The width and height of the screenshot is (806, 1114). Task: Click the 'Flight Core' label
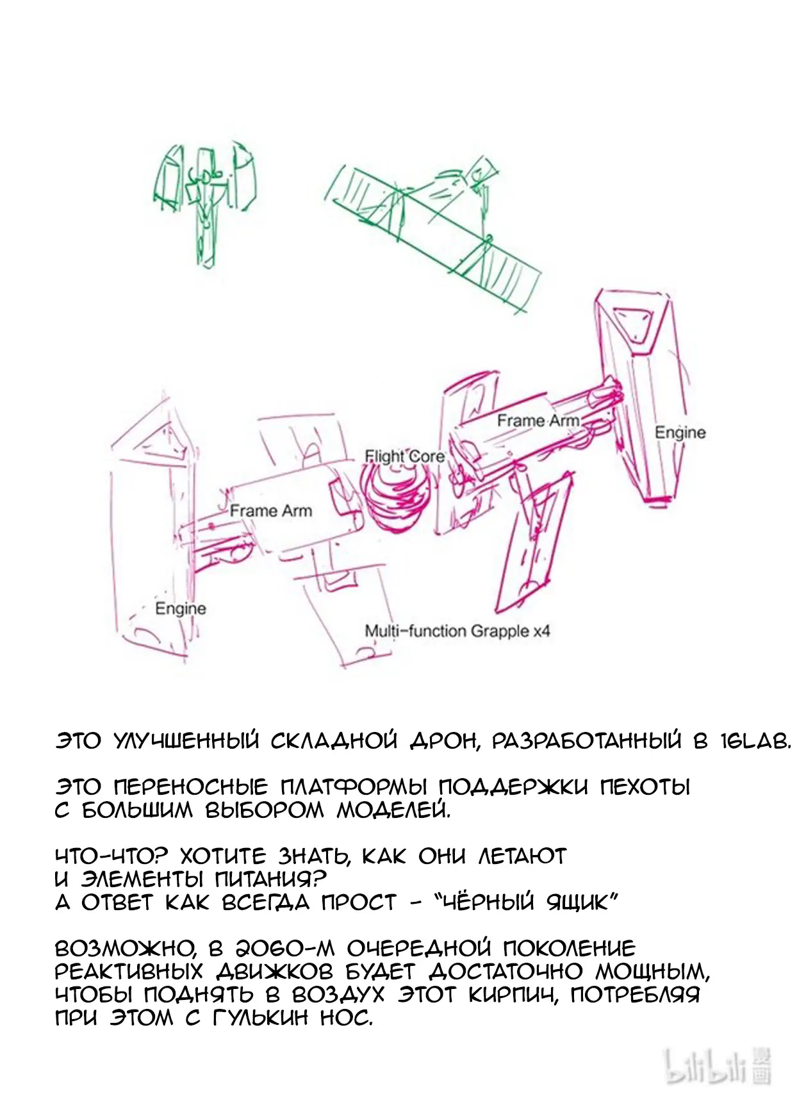tap(405, 456)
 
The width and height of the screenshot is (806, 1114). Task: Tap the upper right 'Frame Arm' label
tap(538, 420)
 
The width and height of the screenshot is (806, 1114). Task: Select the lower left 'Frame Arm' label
tap(271, 511)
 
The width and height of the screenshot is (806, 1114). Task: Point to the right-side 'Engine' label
tap(680, 433)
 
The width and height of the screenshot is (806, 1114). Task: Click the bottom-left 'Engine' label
tap(181, 609)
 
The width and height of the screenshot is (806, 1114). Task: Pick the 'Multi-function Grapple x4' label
tap(457, 631)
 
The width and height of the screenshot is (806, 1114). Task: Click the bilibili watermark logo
tap(718, 1067)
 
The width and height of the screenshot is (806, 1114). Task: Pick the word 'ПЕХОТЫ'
tap(645, 786)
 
